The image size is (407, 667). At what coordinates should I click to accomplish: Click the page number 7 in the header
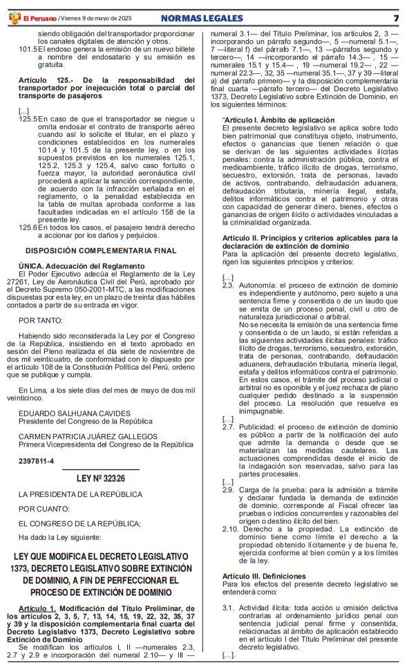coord(396,18)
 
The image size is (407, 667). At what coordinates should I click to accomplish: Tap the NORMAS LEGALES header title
coord(202,18)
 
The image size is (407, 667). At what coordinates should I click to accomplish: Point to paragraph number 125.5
coord(28,119)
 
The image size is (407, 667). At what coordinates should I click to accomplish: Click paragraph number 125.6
coord(28,227)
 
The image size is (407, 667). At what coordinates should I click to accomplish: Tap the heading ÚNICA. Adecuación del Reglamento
coord(82,266)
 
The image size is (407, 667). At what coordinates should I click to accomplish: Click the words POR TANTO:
coord(41,320)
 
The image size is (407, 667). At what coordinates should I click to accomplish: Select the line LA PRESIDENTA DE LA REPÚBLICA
coord(80,494)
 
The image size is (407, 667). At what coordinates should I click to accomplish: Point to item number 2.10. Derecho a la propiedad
coord(231,529)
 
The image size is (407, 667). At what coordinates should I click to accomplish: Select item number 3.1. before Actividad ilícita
coord(228,607)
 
